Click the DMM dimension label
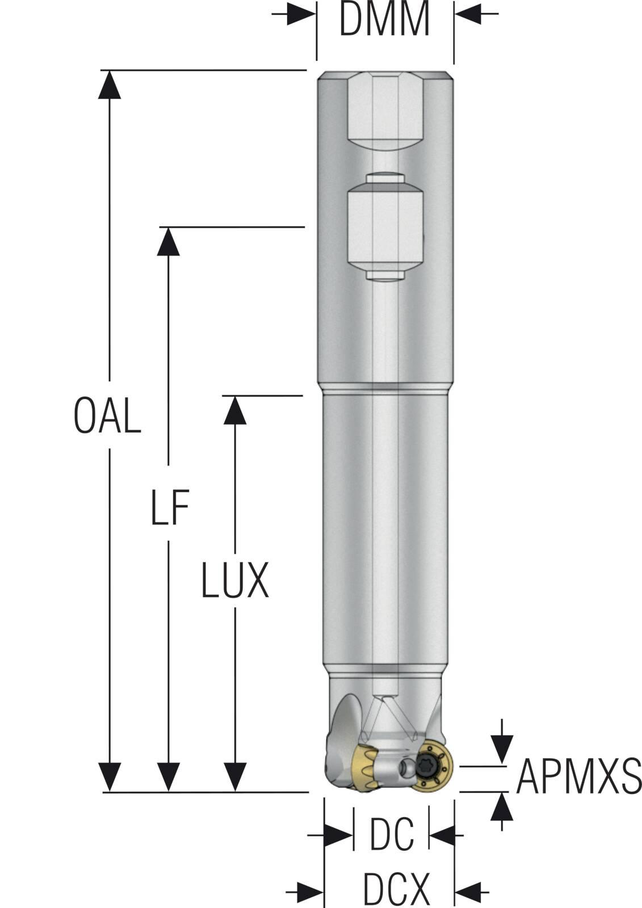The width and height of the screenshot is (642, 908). tap(384, 20)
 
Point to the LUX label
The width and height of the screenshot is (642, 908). tap(234, 581)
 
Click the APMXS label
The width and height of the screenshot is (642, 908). tap(578, 776)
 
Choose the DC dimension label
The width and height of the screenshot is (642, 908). tap(392, 835)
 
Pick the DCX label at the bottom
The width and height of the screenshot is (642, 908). tap(396, 889)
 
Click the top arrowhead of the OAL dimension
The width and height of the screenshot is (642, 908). tap(109, 85)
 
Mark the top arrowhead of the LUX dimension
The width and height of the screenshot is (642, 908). tap(234, 410)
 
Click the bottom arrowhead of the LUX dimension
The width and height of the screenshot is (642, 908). tap(234, 776)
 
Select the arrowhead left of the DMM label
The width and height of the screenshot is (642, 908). tap(300, 14)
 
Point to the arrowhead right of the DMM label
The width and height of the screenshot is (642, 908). tap(469, 14)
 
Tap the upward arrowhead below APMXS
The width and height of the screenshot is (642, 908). tap(502, 807)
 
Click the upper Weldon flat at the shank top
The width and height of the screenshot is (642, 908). tap(385, 111)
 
